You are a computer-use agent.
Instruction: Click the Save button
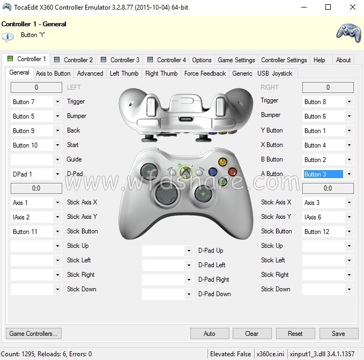click(338, 333)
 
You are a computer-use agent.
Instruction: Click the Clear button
click(251, 333)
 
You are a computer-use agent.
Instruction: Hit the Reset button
click(295, 333)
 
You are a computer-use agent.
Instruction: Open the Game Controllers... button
click(33, 333)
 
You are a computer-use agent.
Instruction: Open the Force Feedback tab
click(205, 74)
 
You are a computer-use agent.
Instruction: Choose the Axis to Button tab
click(53, 74)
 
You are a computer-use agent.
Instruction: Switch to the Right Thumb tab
click(161, 74)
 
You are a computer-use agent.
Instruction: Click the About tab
click(343, 60)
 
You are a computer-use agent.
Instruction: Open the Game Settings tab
click(236, 60)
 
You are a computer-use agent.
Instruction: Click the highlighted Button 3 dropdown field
click(323, 174)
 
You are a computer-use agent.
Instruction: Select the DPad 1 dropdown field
click(32, 174)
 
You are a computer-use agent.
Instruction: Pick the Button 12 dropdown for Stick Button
click(323, 232)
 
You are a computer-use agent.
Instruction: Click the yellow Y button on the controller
click(222, 161)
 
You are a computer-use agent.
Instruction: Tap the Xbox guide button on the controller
click(185, 172)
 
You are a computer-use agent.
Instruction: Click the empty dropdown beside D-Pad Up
click(163, 251)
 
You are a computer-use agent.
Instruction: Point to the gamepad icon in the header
click(348, 32)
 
